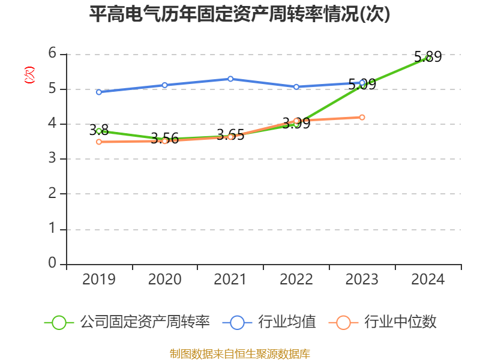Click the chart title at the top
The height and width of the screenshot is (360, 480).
[x=239, y=14]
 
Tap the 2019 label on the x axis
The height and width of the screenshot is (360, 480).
[x=99, y=279]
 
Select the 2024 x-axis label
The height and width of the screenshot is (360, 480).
[x=428, y=279]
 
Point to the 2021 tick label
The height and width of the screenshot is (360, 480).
[x=230, y=279]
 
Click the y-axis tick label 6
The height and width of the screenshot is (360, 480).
[x=52, y=53]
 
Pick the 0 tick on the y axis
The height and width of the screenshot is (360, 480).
[x=52, y=263]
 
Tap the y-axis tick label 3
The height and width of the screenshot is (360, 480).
[x=52, y=158]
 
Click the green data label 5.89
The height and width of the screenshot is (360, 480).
[x=428, y=57]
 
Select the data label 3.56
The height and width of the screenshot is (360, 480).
[x=164, y=139]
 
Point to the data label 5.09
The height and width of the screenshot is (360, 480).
[x=362, y=84]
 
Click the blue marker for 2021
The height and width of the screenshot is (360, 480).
[x=230, y=79]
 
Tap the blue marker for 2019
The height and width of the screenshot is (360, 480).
[x=99, y=92]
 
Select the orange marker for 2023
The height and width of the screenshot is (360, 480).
[x=362, y=117]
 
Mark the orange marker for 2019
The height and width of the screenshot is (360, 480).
[x=99, y=142]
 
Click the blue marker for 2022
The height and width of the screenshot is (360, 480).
[x=296, y=87]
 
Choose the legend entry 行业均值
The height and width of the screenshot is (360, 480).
[x=269, y=322]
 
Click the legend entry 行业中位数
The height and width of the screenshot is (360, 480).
[x=383, y=322]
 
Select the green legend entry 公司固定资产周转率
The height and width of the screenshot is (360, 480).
[x=127, y=322]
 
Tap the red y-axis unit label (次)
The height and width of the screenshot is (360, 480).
[x=29, y=75]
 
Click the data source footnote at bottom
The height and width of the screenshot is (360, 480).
[x=240, y=354]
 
